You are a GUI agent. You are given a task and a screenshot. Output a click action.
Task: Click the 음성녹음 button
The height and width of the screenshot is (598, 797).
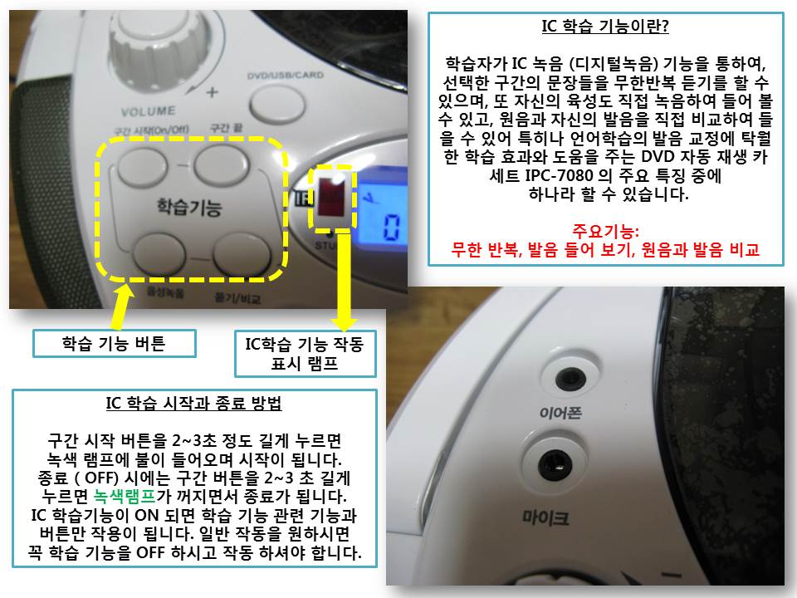click(159, 252)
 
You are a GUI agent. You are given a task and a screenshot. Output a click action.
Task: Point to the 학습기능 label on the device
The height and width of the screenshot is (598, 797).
click(189, 208)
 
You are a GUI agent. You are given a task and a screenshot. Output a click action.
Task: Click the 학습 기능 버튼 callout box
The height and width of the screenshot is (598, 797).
click(115, 344)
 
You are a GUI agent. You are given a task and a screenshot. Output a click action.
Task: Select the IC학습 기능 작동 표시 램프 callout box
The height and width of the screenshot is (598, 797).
click(305, 354)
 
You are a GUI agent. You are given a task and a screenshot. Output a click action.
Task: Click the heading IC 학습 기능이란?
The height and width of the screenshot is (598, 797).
click(605, 26)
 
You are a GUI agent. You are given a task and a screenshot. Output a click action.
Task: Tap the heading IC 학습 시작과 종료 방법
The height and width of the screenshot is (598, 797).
click(193, 404)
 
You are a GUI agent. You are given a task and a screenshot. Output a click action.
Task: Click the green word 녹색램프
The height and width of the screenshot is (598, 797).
click(125, 496)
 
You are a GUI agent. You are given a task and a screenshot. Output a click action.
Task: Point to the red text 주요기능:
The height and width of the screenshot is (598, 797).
click(605, 232)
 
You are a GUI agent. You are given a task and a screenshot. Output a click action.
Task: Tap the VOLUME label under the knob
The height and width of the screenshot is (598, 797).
click(148, 111)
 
